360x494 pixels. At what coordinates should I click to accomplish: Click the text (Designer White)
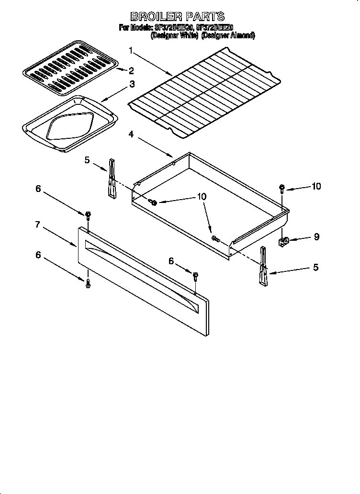(x=174, y=35)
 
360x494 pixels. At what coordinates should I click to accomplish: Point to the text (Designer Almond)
(x=228, y=35)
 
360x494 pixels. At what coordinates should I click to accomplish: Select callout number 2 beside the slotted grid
(x=131, y=71)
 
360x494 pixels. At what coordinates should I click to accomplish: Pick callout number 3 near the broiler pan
(x=132, y=84)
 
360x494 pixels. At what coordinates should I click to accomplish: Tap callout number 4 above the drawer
(x=131, y=135)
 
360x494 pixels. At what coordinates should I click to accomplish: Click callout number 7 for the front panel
(x=37, y=225)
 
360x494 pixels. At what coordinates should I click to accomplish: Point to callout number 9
(x=316, y=236)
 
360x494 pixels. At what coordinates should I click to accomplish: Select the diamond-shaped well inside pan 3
(x=69, y=126)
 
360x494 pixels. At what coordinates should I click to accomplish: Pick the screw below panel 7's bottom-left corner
(x=88, y=284)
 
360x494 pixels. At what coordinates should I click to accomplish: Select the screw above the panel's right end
(x=195, y=276)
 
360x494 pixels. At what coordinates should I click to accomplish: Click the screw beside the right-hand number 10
(x=282, y=188)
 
